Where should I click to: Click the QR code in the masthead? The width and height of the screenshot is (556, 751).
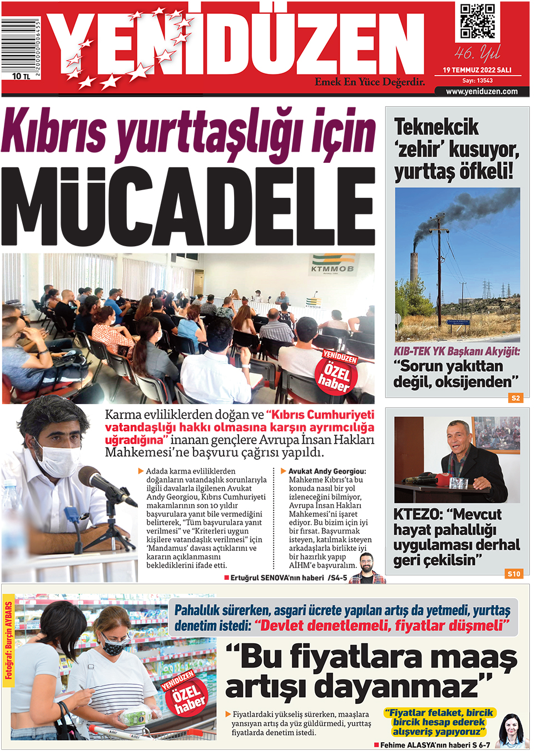tap(477, 22)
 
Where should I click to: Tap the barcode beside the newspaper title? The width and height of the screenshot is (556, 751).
tap(20, 44)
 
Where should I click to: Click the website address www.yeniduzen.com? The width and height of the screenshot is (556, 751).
tap(481, 92)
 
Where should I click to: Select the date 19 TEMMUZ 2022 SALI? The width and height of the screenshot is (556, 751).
tap(477, 70)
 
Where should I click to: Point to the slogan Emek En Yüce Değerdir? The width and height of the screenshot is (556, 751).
tap(370, 82)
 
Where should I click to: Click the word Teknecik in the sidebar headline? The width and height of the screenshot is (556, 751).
tap(436, 127)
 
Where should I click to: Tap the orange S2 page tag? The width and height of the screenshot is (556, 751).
tap(515, 398)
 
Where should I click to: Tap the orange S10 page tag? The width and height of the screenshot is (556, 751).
tap(514, 574)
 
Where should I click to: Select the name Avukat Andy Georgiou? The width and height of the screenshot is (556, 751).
tap(327, 471)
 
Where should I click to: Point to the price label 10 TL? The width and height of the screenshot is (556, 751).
tap(21, 76)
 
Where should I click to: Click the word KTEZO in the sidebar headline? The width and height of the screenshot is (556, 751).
tap(417, 515)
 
